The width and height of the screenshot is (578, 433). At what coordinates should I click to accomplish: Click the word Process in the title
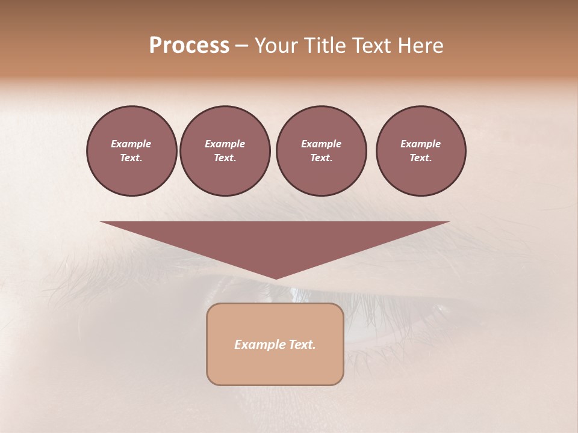tap(189, 46)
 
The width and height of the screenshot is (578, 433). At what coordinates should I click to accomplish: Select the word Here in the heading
tap(420, 46)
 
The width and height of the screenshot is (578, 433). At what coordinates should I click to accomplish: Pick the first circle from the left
tap(131, 151)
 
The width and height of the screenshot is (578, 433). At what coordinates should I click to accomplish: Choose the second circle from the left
tap(225, 151)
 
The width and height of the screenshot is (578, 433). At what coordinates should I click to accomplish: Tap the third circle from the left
tap(321, 151)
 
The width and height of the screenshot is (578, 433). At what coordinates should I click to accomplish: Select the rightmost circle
tap(421, 151)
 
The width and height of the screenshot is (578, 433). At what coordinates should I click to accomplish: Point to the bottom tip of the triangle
tap(275, 278)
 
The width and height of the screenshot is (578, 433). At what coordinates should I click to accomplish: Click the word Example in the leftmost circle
tap(131, 144)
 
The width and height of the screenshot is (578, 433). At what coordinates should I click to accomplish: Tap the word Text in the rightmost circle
tap(420, 158)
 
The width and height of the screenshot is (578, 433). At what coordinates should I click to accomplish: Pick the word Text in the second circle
tap(224, 158)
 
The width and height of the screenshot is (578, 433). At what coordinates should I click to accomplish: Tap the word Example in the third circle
tap(321, 144)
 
